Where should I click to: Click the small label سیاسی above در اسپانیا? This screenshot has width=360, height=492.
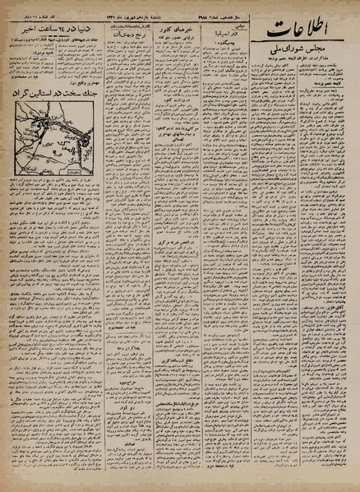tap(233, 49)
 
